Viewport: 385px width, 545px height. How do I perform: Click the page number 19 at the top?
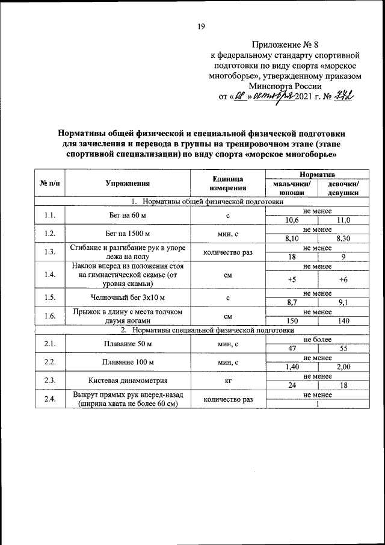(x=202, y=26)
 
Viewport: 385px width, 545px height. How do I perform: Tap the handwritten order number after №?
(x=344, y=97)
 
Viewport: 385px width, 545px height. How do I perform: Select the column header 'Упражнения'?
(x=128, y=184)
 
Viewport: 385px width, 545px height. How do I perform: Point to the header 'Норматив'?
(x=317, y=173)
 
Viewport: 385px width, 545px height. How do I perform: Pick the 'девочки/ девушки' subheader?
(x=343, y=188)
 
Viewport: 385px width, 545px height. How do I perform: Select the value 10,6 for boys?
(x=292, y=220)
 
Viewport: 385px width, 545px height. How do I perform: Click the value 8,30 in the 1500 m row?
(x=343, y=238)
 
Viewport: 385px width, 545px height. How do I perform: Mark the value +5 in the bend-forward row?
(x=292, y=279)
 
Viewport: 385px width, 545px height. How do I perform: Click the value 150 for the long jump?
(x=292, y=321)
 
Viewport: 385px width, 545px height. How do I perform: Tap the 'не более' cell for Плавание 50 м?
(x=317, y=340)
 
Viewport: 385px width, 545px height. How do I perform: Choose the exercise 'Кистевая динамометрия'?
(x=127, y=381)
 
